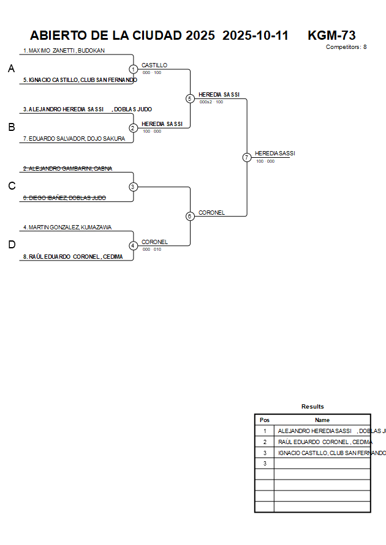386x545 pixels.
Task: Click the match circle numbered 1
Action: [x=133, y=69]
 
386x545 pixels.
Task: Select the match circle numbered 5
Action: [x=190, y=98]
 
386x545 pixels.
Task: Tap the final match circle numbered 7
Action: [x=246, y=157]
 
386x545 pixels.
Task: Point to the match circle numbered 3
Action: [x=133, y=187]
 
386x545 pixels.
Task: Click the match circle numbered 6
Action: [x=190, y=216]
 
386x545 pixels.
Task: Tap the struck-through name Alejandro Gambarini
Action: [x=68, y=168]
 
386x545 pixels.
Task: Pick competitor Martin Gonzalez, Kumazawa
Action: [x=67, y=228]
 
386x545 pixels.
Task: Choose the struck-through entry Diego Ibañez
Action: [x=65, y=198]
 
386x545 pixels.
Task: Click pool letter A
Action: [x=11, y=69]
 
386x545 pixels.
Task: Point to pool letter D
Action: [x=11, y=245]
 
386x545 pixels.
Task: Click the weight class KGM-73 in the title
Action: [x=331, y=35]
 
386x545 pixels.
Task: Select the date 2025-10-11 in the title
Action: [x=255, y=35]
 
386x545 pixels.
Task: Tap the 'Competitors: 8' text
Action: [x=346, y=47]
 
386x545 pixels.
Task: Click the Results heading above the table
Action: [x=312, y=407]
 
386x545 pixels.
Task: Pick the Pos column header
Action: [x=265, y=420]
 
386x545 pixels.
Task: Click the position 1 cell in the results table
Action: [x=265, y=431]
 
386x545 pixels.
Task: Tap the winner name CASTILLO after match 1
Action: [x=154, y=65]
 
